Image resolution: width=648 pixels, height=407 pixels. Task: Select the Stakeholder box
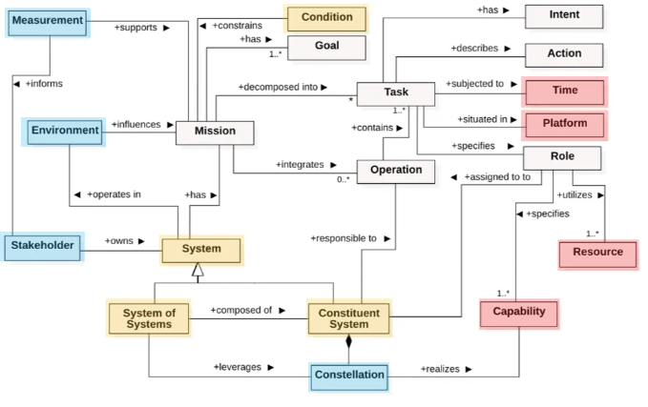pyautogui.click(x=42, y=247)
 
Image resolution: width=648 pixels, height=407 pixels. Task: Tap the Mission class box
pyautogui.click(x=216, y=132)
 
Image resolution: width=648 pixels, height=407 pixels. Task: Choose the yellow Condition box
pyautogui.click(x=326, y=18)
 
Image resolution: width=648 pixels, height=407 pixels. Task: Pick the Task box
pyautogui.click(x=396, y=93)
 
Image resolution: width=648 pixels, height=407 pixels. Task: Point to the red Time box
pyautogui.click(x=565, y=92)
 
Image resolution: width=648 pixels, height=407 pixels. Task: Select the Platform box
pyautogui.click(x=565, y=124)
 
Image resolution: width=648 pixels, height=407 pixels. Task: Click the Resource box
pyautogui.click(x=597, y=254)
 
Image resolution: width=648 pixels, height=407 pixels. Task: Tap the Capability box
pyautogui.click(x=518, y=313)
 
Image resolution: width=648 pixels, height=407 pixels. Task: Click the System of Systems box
pyautogui.click(x=148, y=318)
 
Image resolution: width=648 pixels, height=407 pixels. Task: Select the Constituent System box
pyautogui.click(x=348, y=318)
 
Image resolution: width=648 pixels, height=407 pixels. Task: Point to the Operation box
pyautogui.click(x=396, y=172)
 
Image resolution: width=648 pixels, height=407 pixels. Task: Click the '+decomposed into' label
pyautogui.click(x=278, y=87)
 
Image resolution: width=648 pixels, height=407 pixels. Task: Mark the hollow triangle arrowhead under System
pyautogui.click(x=198, y=272)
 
